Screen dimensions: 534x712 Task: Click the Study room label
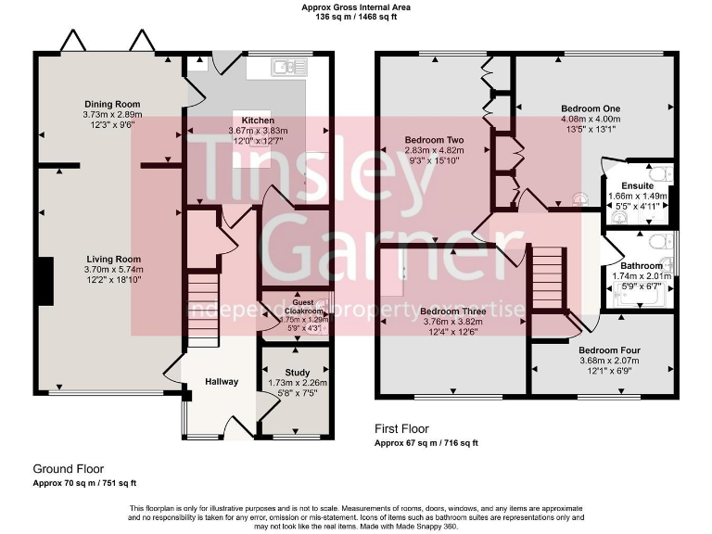[x=297, y=373]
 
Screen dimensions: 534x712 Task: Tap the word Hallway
[x=222, y=382]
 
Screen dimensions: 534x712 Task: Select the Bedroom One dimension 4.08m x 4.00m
[x=591, y=119]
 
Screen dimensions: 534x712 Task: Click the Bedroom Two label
[x=434, y=140]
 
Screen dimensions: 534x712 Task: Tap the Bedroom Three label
[x=448, y=311]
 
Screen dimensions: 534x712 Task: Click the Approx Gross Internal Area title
[x=356, y=7]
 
